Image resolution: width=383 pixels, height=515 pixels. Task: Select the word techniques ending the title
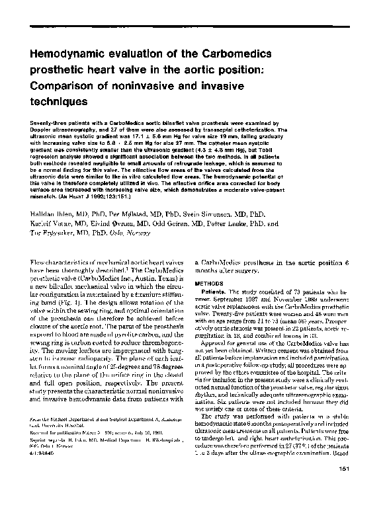[60, 102]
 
